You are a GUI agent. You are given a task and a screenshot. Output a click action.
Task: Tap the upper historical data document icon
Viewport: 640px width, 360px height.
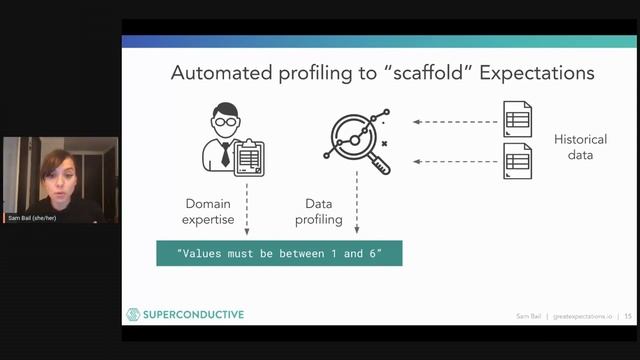(x=517, y=120)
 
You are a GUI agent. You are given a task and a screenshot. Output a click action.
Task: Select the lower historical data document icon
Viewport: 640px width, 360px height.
(x=517, y=160)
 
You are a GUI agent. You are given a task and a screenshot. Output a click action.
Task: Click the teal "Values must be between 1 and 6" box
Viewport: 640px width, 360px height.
(x=278, y=253)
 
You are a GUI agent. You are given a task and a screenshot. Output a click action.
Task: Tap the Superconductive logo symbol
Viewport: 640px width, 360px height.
(x=132, y=315)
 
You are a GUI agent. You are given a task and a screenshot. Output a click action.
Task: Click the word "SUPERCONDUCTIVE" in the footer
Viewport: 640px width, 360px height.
(x=191, y=315)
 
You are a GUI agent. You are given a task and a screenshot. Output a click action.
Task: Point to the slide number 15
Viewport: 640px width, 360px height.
(x=628, y=316)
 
